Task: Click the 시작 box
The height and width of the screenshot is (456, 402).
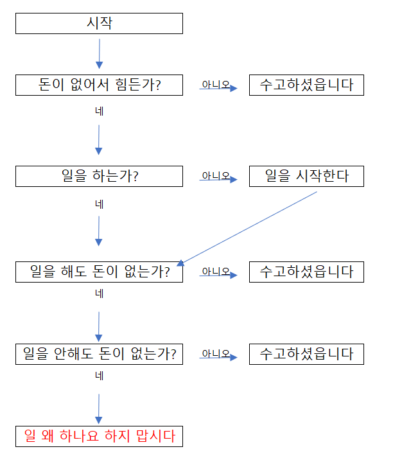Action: point(99,23)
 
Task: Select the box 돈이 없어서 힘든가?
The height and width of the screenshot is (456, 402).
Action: point(99,85)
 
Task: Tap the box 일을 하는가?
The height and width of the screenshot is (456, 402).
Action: point(99,176)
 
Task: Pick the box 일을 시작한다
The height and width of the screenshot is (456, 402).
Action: point(306,176)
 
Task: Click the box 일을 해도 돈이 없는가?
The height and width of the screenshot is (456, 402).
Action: point(99,272)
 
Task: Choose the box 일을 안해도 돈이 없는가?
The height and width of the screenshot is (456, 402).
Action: point(99,354)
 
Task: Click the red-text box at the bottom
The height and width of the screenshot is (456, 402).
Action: point(99,436)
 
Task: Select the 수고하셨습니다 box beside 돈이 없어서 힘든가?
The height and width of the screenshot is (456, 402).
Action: point(306,85)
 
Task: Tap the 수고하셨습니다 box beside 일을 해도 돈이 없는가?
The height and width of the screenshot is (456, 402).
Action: point(306,272)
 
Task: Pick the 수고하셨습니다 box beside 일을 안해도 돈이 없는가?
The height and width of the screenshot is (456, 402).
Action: point(306,354)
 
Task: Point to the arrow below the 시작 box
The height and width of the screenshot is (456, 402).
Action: point(99,54)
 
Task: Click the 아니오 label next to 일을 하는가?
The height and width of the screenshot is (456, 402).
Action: point(216,175)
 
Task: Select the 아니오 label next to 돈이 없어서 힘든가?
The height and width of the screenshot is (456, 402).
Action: point(216,84)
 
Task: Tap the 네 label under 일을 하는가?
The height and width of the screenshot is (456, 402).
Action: point(99,204)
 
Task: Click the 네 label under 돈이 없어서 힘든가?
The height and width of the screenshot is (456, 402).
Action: point(99,111)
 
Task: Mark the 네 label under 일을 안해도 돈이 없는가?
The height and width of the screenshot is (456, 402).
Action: point(99,376)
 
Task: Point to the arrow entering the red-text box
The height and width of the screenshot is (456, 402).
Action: point(99,409)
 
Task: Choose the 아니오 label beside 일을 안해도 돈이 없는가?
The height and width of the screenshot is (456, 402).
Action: point(216,353)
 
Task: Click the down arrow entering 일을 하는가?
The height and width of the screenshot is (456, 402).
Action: point(99,140)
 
